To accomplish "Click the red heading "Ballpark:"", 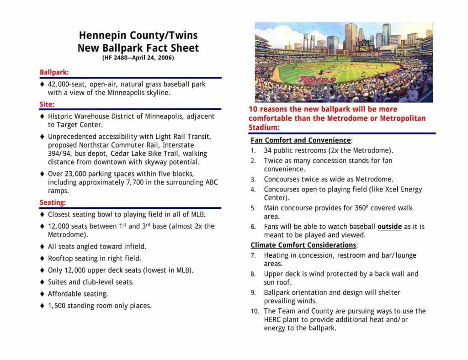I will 54,72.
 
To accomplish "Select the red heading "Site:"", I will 47,104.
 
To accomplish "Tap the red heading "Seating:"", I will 53,202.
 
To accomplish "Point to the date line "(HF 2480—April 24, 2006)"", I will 138,58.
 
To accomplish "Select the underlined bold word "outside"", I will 389,226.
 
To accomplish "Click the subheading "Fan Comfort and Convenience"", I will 301,140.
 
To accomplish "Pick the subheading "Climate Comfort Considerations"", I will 303,245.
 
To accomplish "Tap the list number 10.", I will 254,312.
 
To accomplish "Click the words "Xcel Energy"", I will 404,189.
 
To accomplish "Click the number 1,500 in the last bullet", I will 57,306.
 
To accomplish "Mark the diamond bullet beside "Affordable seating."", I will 42,294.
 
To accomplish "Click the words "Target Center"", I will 80,125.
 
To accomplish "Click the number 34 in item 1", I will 268,150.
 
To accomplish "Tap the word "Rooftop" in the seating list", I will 60,259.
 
